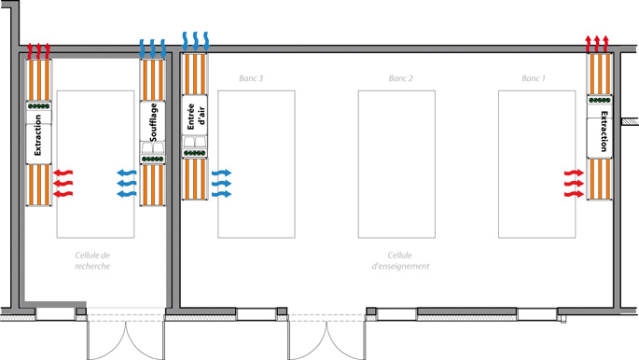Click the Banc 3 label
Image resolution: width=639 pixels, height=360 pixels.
pos(251,78)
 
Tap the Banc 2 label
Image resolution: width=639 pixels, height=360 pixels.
pos(400,78)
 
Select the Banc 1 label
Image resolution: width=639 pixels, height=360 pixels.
pos(534,78)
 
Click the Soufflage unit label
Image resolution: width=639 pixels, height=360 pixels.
pos(153,122)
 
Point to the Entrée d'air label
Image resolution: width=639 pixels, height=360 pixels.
pos(196,117)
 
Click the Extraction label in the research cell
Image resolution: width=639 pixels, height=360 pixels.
pos(38,135)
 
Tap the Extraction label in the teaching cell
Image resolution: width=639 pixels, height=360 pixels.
pos(604,132)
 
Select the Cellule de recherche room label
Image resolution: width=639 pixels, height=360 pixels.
pos(92,260)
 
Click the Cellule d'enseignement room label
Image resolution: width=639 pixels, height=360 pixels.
pos(400,260)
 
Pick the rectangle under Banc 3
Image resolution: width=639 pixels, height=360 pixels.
pos(257,164)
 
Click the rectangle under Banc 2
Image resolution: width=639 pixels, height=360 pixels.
pos(396,164)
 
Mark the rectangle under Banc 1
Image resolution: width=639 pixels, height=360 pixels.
pos(537,164)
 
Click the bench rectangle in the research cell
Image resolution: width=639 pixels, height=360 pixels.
pos(95,164)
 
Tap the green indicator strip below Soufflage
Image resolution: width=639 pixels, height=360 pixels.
pos(153,159)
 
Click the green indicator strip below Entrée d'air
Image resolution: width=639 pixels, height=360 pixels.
pos(194,153)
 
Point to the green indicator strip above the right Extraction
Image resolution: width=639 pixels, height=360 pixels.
pos(600,100)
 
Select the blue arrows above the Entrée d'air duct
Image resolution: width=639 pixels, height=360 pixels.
pos(195,42)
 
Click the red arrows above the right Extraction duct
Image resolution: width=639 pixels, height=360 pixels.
pos(597,44)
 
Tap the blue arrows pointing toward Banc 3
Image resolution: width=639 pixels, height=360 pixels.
pos(221,183)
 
